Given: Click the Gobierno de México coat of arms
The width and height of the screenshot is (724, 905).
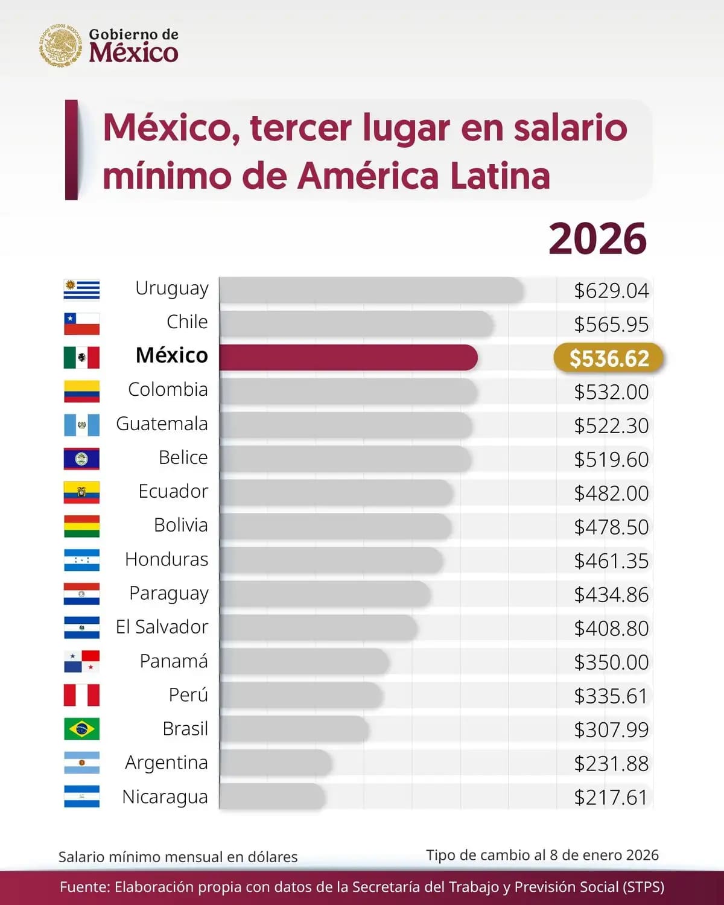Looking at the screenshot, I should tap(60, 45).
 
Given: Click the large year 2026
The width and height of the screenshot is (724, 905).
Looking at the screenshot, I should tap(597, 239).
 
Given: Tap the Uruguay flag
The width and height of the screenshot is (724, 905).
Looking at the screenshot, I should tap(81, 290).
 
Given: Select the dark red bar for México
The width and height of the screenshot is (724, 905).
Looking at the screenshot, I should tap(348, 358).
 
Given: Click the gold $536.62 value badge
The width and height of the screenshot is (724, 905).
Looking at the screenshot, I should tap(609, 358).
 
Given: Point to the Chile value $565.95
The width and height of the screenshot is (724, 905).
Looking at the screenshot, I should tap(611, 325).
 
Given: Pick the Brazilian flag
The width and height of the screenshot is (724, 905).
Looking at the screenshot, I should tap(81, 729).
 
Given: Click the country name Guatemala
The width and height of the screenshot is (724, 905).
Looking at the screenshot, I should tap(162, 424).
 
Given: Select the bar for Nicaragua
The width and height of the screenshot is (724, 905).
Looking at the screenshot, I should tap(272, 797).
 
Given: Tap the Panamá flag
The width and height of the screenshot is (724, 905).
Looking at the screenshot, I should tap(81, 661).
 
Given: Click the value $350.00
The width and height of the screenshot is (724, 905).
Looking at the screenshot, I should tap(611, 662).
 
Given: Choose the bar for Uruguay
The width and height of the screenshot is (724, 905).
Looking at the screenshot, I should tap(371, 290).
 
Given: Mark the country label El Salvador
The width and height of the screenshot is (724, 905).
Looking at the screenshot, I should tap(162, 627).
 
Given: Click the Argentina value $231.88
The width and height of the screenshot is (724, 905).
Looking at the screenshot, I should tap(611, 764).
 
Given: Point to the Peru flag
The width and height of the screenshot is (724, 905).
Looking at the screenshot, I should tap(81, 695).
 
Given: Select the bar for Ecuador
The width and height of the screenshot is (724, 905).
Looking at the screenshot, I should tap(336, 493).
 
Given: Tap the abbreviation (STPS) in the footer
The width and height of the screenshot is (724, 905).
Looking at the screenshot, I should tap(644, 887).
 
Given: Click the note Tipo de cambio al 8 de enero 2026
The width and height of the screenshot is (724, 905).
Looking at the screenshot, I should tap(542, 855).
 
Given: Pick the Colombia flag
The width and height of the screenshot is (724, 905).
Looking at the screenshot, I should tap(81, 392).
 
